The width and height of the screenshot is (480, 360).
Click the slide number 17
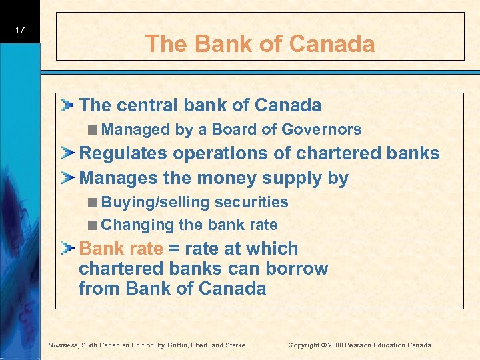20,30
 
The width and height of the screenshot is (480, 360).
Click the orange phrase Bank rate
121,249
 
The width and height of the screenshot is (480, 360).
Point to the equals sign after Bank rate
173,249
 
